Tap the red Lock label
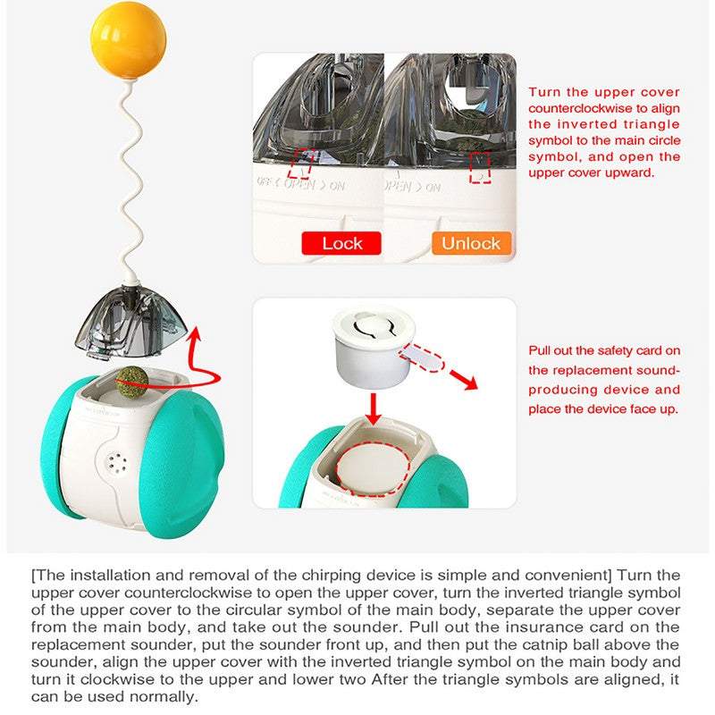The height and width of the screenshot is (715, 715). click(x=341, y=243)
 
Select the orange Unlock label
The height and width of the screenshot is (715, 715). click(x=471, y=243)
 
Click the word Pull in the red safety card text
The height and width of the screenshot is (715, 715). click(x=541, y=349)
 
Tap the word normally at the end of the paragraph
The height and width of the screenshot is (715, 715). click(x=120, y=698)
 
